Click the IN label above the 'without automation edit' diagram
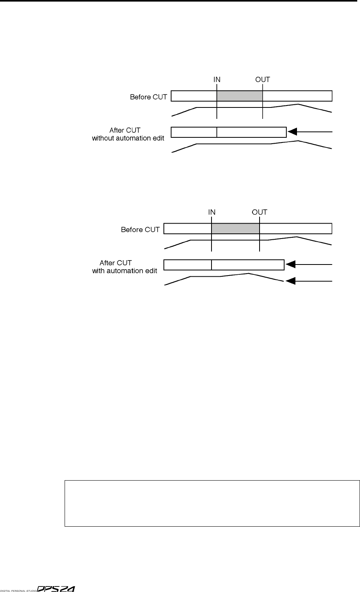point(217,79)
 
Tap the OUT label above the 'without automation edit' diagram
point(263,79)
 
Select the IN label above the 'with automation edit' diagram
point(212,212)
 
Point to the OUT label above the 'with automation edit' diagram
point(260,212)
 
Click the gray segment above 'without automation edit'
point(239,96)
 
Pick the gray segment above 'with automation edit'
point(236,229)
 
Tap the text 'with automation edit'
point(125,271)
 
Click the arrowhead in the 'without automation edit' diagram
point(292,132)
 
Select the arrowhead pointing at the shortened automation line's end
point(290,281)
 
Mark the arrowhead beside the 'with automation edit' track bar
point(290,265)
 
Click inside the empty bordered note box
point(212,503)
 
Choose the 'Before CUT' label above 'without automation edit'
point(148,97)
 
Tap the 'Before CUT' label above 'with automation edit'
point(140,229)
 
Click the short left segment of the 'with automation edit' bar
point(187,265)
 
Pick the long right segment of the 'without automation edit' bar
point(251,132)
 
